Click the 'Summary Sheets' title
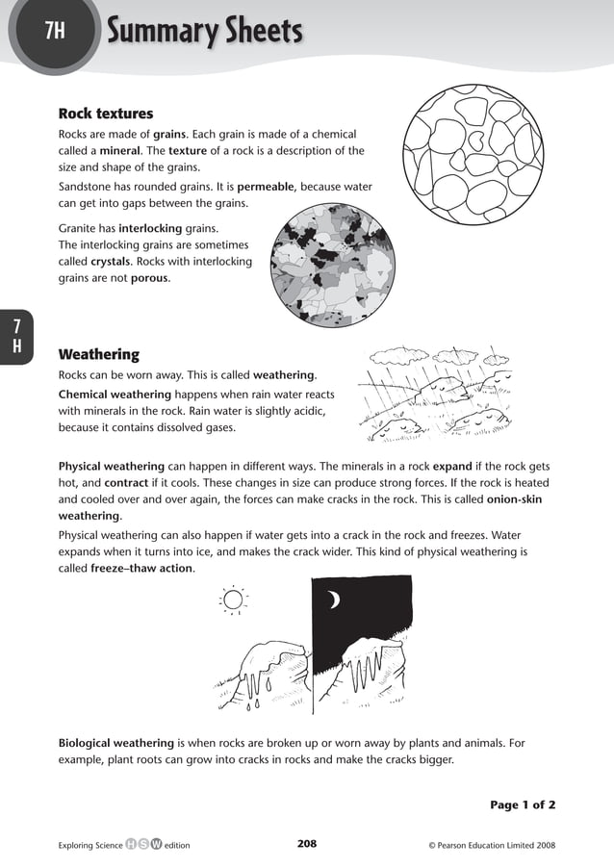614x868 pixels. pos(205,33)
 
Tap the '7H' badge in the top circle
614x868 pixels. pos(55,32)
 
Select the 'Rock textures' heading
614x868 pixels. pos(106,114)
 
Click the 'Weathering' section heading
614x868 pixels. pos(99,354)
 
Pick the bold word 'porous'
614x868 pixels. pos(149,278)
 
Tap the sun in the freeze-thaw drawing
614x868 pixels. pos(234,600)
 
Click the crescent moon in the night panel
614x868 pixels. pos(334,600)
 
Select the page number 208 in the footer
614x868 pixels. pos(307,844)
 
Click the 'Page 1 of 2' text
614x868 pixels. pos(523,804)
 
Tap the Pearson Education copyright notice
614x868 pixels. pos(491,845)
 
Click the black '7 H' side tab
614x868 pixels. pos(16,336)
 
